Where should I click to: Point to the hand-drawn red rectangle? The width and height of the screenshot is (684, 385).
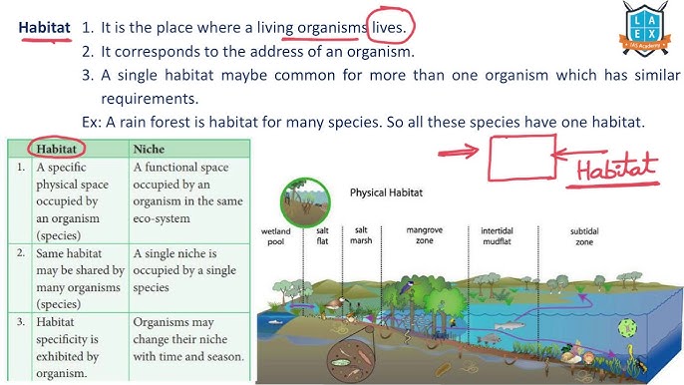521,158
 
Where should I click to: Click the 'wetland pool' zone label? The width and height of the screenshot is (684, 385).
276,236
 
